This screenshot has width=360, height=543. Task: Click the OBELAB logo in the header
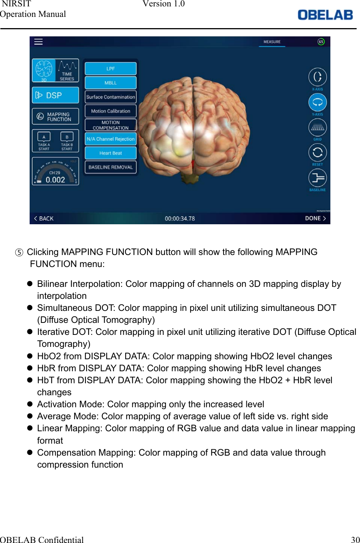coord(325,15)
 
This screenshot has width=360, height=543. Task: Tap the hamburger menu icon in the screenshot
coord(38,42)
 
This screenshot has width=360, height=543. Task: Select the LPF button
coord(111,69)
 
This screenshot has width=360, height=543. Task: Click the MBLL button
coord(111,83)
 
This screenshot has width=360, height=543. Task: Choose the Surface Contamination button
coord(111,97)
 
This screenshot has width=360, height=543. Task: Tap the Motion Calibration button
coord(111,111)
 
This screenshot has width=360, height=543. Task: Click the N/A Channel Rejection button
coord(111,139)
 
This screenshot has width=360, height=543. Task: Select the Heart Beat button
coord(111,153)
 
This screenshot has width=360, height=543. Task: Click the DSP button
coord(55,95)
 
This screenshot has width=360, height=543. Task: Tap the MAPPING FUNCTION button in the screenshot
coord(55,117)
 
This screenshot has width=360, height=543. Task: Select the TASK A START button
coord(44,141)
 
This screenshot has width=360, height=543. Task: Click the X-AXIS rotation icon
coord(317,77)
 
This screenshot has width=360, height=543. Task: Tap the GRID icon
coord(317,127)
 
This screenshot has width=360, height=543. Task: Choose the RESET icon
coord(317,153)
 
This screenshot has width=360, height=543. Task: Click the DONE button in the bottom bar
coord(315,218)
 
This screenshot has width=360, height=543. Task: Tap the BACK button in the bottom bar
coord(44,218)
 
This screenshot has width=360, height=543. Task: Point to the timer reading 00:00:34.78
coord(180,218)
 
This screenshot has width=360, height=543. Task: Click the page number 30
coord(355,539)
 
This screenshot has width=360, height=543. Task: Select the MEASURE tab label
coord(272,42)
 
